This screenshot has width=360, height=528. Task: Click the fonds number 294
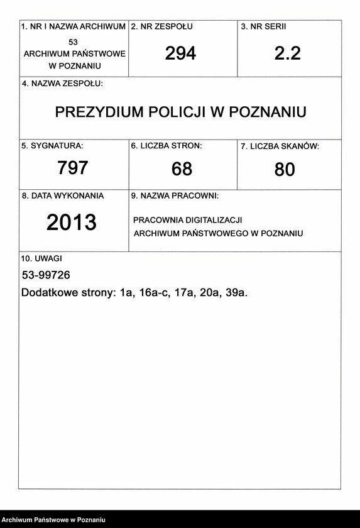(180, 53)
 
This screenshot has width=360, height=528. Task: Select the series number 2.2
(288, 53)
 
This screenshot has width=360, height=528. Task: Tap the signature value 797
(72, 168)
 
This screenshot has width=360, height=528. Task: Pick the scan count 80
(285, 169)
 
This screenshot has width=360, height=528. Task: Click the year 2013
(72, 223)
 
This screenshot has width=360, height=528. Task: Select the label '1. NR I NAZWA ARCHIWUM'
(74, 27)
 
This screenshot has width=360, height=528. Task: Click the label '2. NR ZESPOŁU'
(161, 27)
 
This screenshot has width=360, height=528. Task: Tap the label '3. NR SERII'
(263, 27)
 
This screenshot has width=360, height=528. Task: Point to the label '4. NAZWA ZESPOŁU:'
(62, 84)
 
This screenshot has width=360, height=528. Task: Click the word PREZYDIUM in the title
(99, 113)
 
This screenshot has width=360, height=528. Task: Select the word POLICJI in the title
(178, 113)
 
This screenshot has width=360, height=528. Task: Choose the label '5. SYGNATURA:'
(52, 146)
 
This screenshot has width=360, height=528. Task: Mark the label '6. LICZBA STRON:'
(166, 146)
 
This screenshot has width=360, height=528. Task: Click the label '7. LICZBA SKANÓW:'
(280, 146)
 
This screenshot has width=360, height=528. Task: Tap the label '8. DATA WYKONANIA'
(63, 195)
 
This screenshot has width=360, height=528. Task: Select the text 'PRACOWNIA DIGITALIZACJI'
(188, 220)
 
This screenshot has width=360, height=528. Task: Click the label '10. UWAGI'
(41, 258)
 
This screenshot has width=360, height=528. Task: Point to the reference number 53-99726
(46, 275)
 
